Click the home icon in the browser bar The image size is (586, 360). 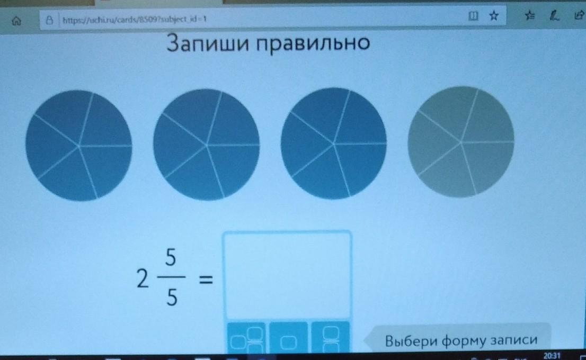tap(16, 21)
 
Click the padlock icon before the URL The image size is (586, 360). tap(49, 20)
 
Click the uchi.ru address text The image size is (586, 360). tap(135, 19)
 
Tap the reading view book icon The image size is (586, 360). tap(473, 16)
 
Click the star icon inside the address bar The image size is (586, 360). tap(494, 15)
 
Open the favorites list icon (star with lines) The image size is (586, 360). tap(529, 15)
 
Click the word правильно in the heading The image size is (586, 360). tap(313, 43)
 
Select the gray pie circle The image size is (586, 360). tap(461, 141)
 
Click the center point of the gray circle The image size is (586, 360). tap(461, 142)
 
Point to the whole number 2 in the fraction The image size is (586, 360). tap(143, 278)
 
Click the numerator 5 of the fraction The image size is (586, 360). tap(171, 258)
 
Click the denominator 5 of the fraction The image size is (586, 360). tap(172, 298)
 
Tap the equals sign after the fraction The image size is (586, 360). tap(205, 280)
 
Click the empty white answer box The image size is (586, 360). tap(287, 276)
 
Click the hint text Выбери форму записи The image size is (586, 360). tap(461, 340)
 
